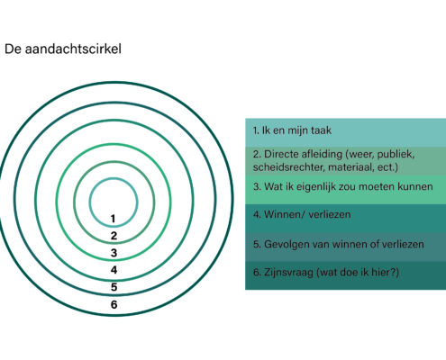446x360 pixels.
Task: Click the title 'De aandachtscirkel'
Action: tap(63, 49)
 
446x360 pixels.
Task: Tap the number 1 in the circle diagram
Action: tap(114, 219)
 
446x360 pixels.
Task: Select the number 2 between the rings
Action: tap(114, 236)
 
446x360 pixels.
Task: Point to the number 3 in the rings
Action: tap(114, 253)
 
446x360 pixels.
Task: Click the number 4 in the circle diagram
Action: tap(114, 270)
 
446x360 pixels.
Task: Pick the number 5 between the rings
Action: tap(114, 287)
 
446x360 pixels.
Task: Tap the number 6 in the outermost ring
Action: tap(114, 304)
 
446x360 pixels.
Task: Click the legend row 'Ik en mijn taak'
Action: tap(345, 132)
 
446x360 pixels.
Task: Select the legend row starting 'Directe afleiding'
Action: tap(345, 161)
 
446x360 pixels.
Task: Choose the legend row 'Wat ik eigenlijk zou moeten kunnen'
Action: tap(345, 190)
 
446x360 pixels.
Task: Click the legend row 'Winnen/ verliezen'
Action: tap(345, 218)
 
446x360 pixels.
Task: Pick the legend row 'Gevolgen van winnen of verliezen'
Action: tap(345, 247)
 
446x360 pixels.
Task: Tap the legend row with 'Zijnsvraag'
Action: tap(345, 275)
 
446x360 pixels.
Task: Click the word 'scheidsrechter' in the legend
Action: tap(289, 167)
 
